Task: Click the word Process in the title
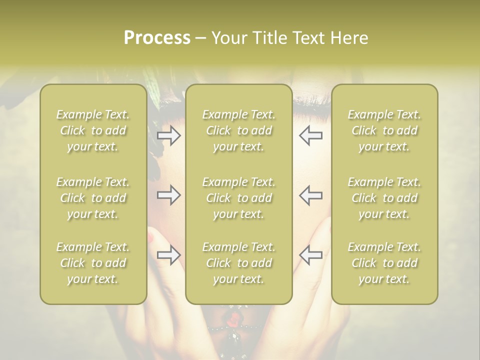pyautogui.click(x=157, y=38)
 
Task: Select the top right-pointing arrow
pyautogui.click(x=168, y=135)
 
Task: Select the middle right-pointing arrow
pyautogui.click(x=168, y=195)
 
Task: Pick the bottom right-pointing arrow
pyautogui.click(x=168, y=255)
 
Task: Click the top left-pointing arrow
pyautogui.click(x=311, y=135)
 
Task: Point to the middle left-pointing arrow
pyautogui.click(x=311, y=195)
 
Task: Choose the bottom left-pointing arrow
pyautogui.click(x=311, y=255)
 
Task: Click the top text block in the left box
pyautogui.click(x=93, y=130)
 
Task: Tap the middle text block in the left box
pyautogui.click(x=93, y=198)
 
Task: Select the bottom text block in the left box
pyautogui.click(x=93, y=263)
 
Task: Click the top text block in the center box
pyautogui.click(x=238, y=130)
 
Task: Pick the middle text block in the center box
pyautogui.click(x=238, y=198)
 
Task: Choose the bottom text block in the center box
pyautogui.click(x=238, y=263)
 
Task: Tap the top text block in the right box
pyautogui.click(x=384, y=130)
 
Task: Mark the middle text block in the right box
pyautogui.click(x=384, y=198)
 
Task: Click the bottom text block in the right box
pyautogui.click(x=384, y=263)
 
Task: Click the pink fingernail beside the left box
pyautogui.click(x=151, y=238)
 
